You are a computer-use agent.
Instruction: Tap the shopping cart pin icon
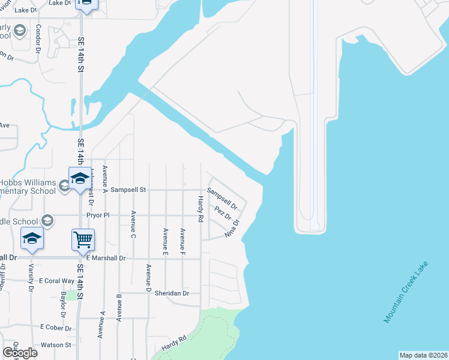83,239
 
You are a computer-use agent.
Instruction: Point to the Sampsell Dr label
222,199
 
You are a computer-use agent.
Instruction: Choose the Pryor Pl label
98,214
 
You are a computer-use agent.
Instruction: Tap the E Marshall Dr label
105,258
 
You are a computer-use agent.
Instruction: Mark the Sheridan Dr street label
172,293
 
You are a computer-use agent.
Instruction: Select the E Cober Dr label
56,328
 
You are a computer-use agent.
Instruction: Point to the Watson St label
55,345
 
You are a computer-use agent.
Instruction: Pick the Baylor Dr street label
62,305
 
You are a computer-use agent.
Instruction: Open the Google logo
20,352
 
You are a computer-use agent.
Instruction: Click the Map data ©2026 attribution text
423,355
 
